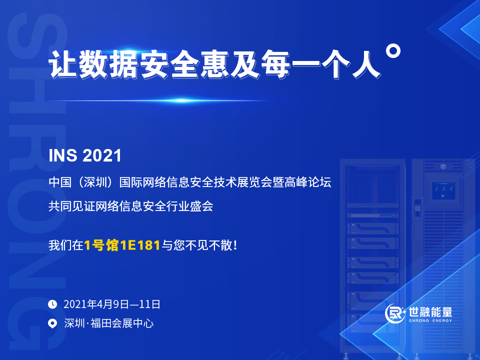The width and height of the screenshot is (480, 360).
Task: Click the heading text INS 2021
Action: pos(85,155)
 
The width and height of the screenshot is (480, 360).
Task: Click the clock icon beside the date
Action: pos(52,303)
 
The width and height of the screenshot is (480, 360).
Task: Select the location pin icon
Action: pos(52,323)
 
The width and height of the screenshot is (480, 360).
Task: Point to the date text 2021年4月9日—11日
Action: pos(112,304)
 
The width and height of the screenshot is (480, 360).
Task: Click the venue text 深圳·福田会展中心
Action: pos(109,323)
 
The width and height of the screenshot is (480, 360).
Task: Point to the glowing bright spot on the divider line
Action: pos(180,100)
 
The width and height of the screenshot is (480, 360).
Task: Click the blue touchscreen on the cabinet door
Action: pos(443,190)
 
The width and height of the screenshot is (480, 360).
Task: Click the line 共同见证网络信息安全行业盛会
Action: pos(131,206)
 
